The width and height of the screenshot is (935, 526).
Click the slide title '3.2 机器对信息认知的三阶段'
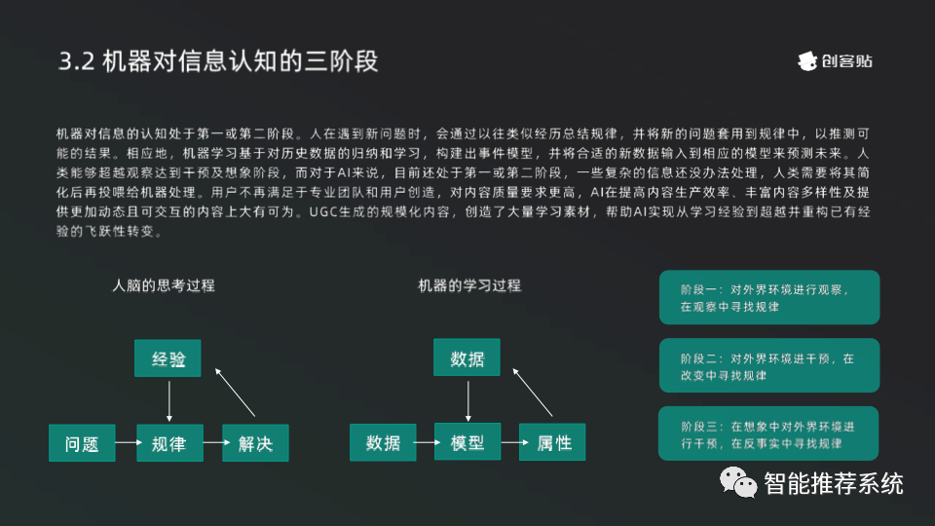click(218, 61)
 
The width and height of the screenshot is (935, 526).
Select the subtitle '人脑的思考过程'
click(163, 285)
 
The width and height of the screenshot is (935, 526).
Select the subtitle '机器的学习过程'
click(469, 285)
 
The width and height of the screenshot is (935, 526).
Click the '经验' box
click(168, 358)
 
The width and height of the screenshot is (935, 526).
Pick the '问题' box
click(82, 443)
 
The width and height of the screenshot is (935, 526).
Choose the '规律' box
click(168, 443)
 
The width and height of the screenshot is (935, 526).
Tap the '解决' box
click(255, 443)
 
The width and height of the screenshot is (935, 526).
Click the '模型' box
click(467, 443)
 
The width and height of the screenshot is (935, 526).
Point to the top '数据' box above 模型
click(467, 358)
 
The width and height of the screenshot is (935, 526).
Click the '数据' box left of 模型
click(383, 443)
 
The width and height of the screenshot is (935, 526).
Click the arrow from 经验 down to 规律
click(169, 400)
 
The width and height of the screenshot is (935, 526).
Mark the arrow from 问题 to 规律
click(126, 443)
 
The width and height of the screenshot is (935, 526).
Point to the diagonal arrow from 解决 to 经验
click(237, 394)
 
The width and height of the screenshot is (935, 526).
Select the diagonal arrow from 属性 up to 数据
click(536, 394)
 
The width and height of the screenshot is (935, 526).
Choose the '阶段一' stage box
click(769, 298)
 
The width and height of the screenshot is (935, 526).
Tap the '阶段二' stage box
click(769, 366)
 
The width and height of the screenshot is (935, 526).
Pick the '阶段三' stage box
click(769, 434)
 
